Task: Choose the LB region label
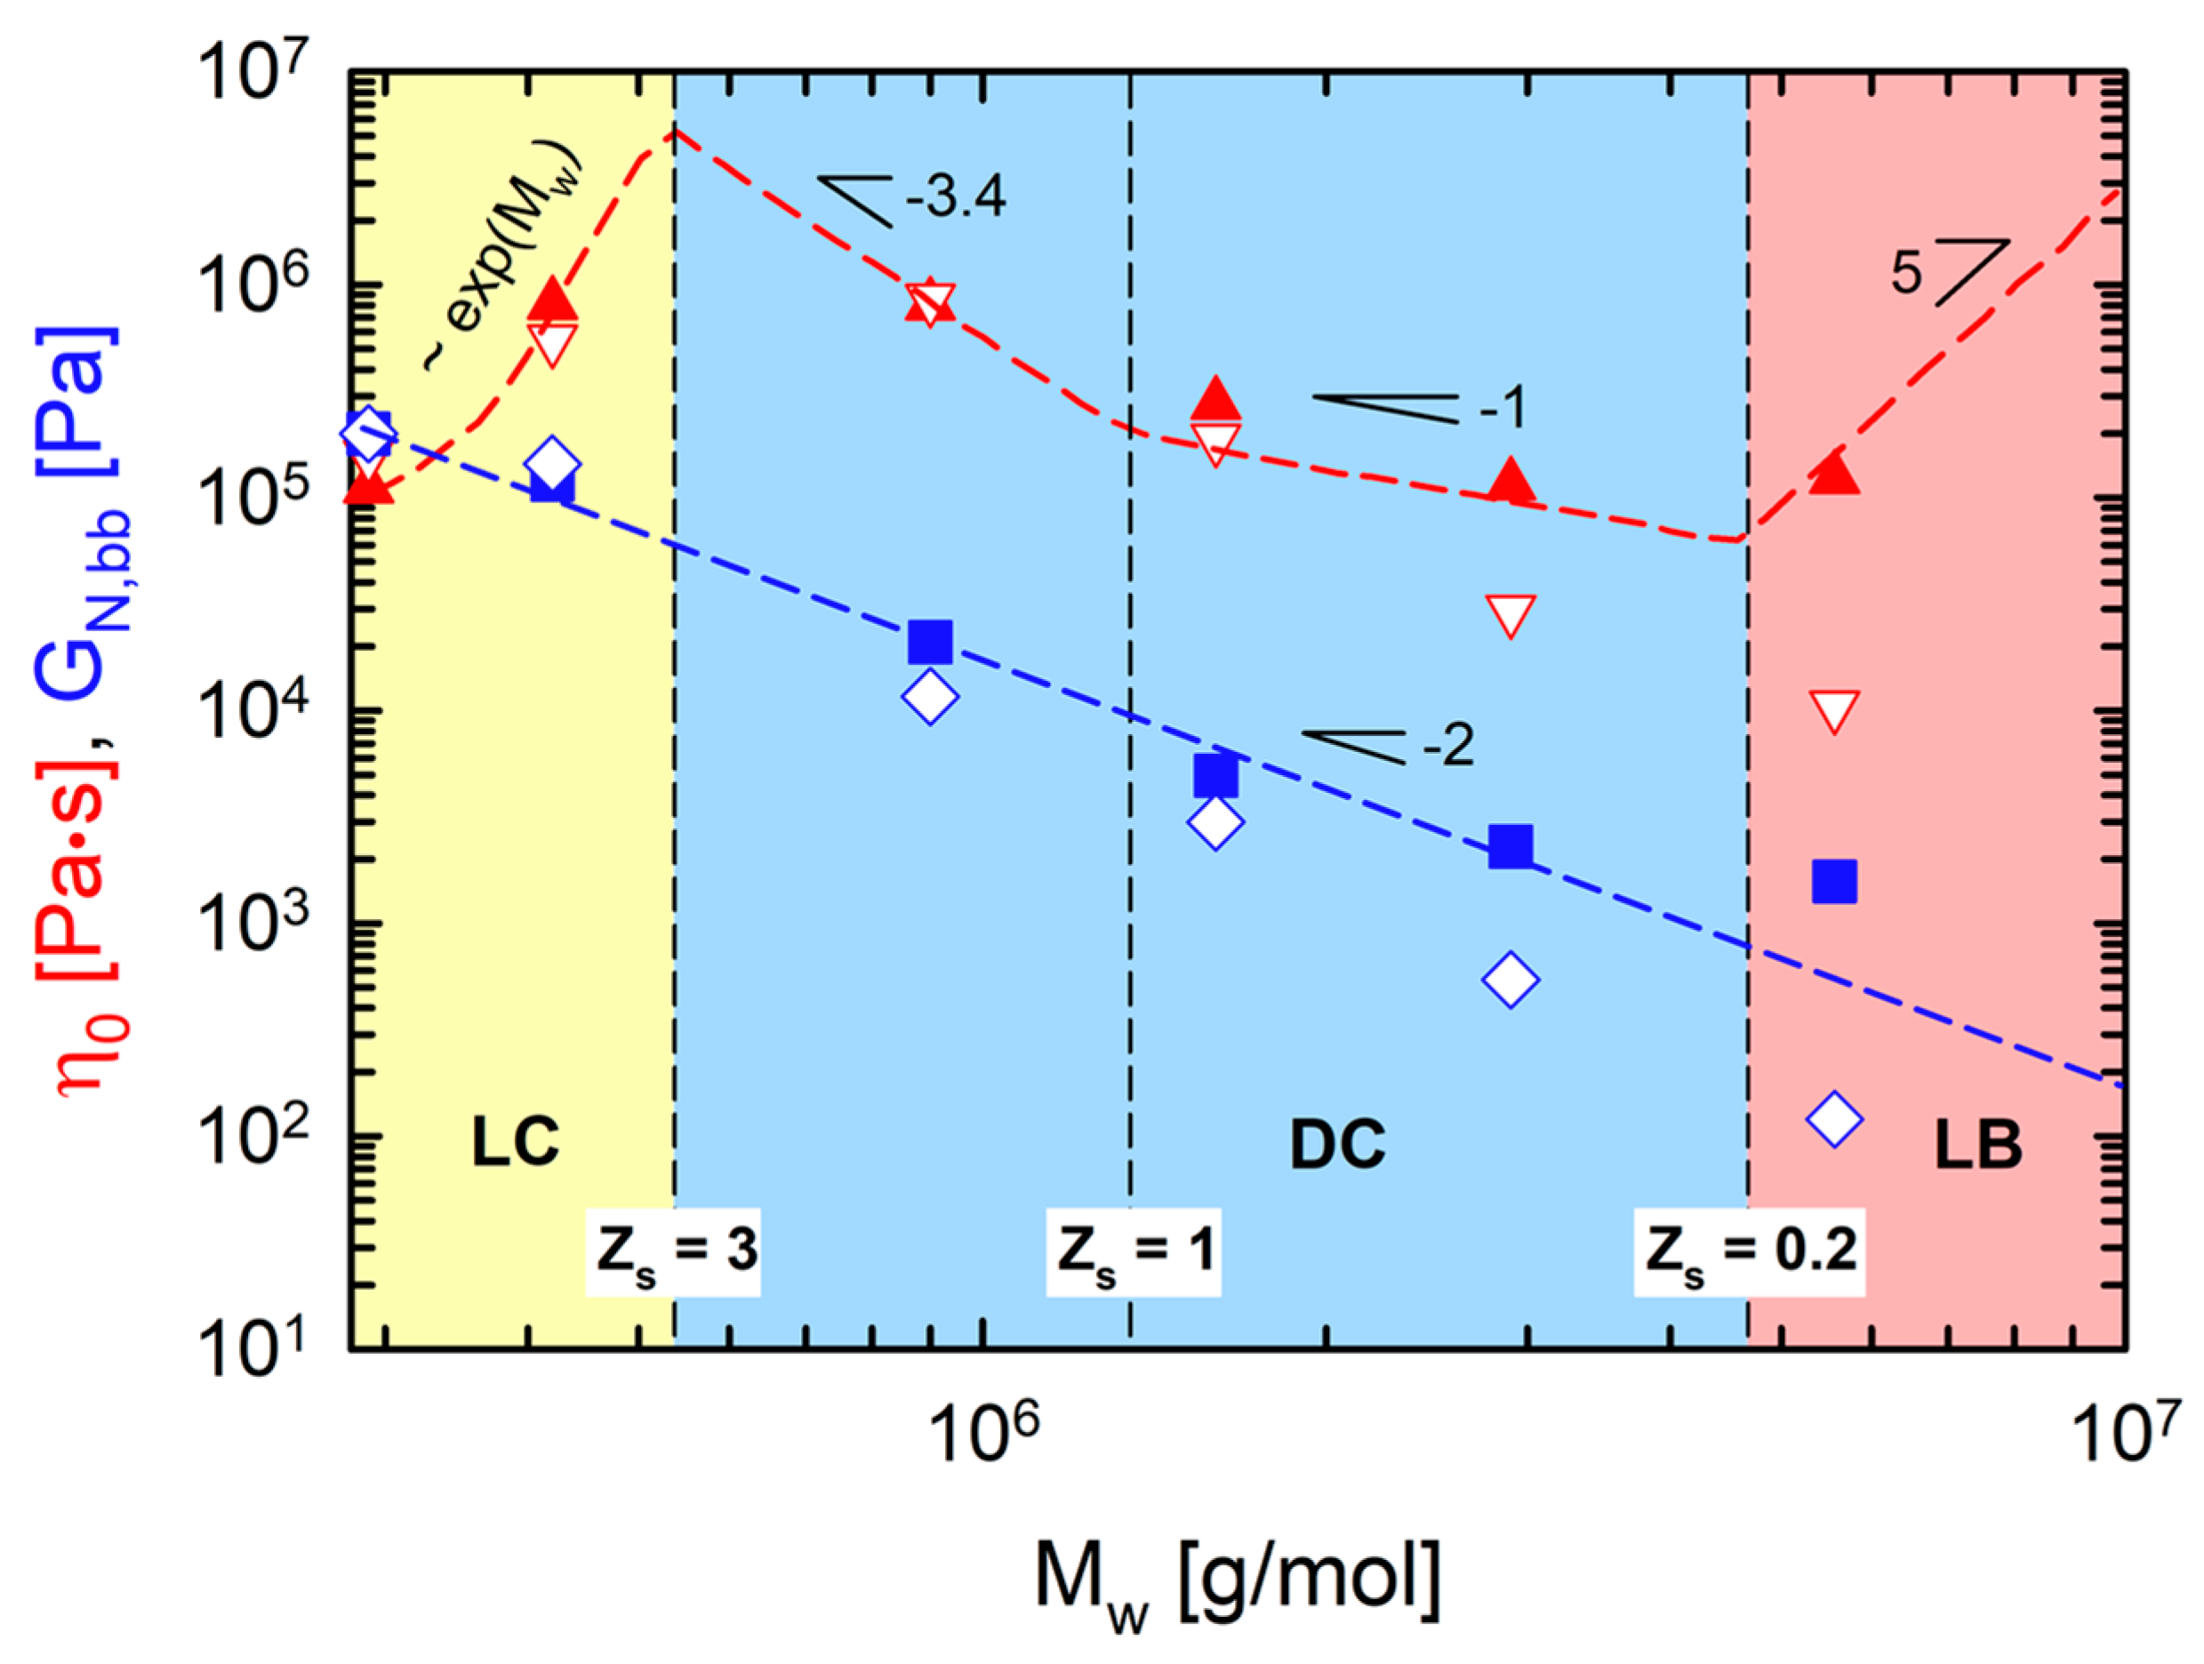click(x=1978, y=1145)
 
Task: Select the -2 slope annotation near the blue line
click(x=1447, y=745)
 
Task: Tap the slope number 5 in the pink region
click(x=1905, y=272)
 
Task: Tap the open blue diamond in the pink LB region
click(x=1834, y=1118)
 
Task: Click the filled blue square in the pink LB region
click(x=1834, y=881)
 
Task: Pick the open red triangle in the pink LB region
click(x=1834, y=710)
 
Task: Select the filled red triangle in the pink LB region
click(x=1834, y=473)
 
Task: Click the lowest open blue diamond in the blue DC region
click(x=1511, y=980)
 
